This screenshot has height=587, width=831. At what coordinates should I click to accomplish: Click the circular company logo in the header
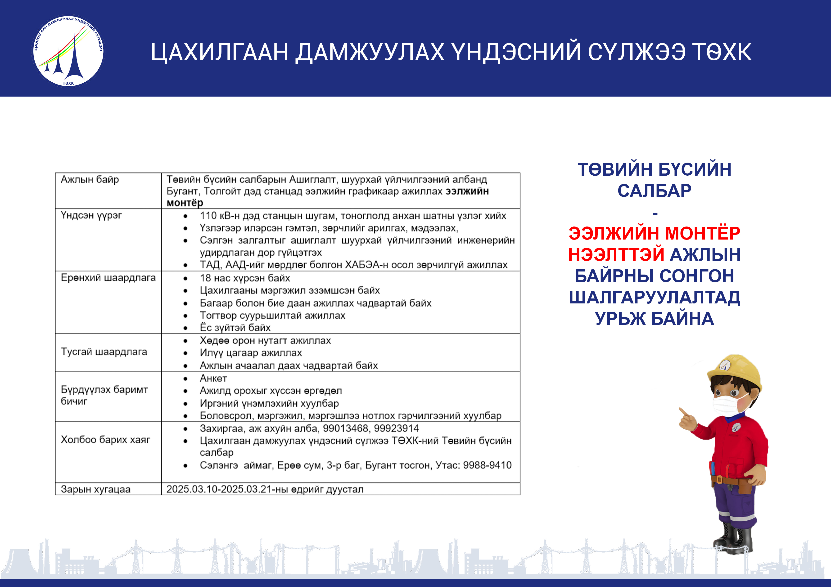coord(68,51)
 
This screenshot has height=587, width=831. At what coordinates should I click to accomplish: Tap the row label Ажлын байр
coord(90,179)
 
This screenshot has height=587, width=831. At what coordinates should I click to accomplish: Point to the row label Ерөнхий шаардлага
coord(108,278)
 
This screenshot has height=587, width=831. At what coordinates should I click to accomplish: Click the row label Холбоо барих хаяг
coord(105,440)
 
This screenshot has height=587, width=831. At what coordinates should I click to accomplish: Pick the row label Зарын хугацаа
coord(95,489)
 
